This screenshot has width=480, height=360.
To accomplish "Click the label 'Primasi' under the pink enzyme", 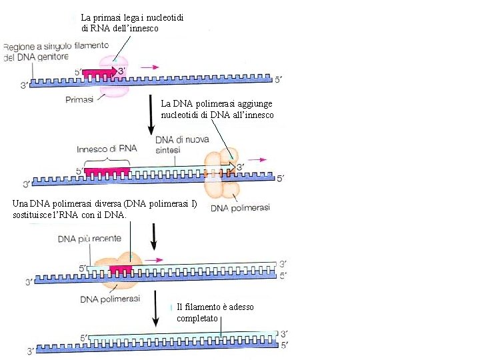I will pyautogui.click(x=79, y=99).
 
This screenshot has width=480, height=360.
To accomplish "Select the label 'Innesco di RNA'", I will pyautogui.click(x=106, y=149).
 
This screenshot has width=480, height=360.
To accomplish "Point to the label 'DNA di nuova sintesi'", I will pyautogui.click(x=182, y=145).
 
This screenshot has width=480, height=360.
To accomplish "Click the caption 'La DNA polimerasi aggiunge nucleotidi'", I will pyautogui.click(x=217, y=109).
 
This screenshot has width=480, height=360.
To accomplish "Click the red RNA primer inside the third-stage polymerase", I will pyautogui.click(x=121, y=269).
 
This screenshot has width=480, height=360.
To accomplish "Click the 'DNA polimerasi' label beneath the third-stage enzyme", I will pyautogui.click(x=110, y=299).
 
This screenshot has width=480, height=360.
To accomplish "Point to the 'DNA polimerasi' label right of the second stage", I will pyautogui.click(x=240, y=208).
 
